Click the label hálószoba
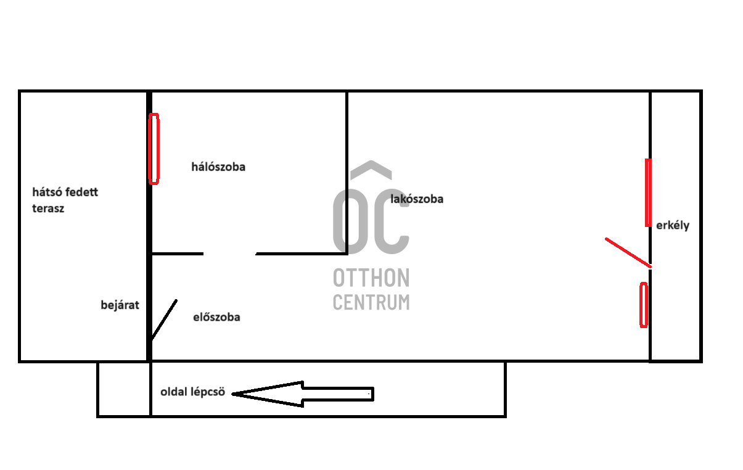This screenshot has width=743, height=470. coord(218,167)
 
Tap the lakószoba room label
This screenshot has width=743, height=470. coord(417,199)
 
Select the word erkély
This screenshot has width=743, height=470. coord(673,226)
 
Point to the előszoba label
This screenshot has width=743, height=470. coord(216,318)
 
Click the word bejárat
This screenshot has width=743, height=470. coord(120,305)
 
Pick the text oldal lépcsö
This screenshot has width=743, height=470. coord(192,392)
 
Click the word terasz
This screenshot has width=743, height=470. coord(49,208)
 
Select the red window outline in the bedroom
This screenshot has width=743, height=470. coord(154,149)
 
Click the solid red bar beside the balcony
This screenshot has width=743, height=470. coord(648,192)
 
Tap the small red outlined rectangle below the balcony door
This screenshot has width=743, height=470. coord(644,305)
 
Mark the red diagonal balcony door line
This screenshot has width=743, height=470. coord(628,252)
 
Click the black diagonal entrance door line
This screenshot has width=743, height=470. coord(164,320)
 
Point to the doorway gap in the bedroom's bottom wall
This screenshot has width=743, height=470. coord(229,254)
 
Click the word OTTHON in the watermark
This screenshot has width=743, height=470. coord(371,278)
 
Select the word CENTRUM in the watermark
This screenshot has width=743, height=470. coord(371,302)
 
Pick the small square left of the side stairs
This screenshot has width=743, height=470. coord(124,389)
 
